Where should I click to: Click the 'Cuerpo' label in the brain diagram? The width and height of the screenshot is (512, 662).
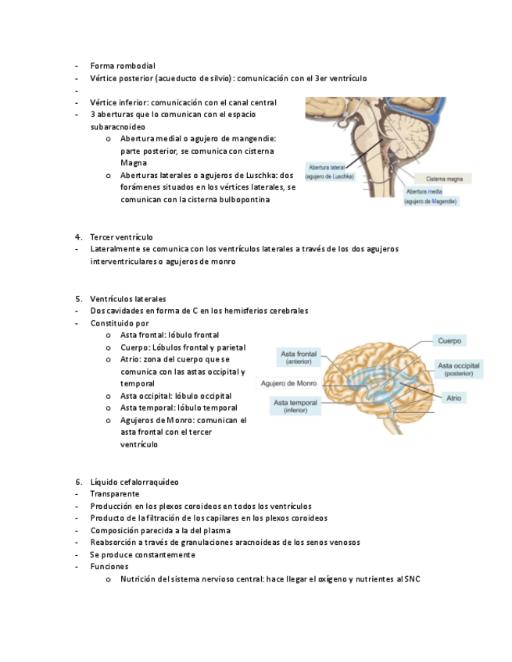pos(449,341)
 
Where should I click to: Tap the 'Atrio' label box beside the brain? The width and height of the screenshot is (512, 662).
pos(453,398)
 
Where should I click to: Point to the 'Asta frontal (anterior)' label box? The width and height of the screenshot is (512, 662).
pos(299,358)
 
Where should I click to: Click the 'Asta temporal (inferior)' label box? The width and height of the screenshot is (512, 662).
pos(295,406)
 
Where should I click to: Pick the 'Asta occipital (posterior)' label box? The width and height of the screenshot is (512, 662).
pos(459,369)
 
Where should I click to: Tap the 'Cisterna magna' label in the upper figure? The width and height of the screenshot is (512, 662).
pos(443,179)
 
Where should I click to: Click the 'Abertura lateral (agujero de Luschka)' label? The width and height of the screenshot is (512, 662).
pos(330,172)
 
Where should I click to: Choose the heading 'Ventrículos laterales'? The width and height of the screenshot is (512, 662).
pos(127,299)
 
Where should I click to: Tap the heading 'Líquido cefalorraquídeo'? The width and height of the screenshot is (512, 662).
pos(134,482)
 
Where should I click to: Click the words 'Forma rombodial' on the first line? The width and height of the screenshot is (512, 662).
pos(123,66)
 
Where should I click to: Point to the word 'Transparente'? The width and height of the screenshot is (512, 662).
pos(114,494)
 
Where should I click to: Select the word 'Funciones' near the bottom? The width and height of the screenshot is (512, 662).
pos(109,567)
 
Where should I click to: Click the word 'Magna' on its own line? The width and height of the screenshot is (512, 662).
pos(134,163)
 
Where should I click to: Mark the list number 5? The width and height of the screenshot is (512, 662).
pos(78,299)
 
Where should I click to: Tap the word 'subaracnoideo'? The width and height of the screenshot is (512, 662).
pos(117,126)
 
